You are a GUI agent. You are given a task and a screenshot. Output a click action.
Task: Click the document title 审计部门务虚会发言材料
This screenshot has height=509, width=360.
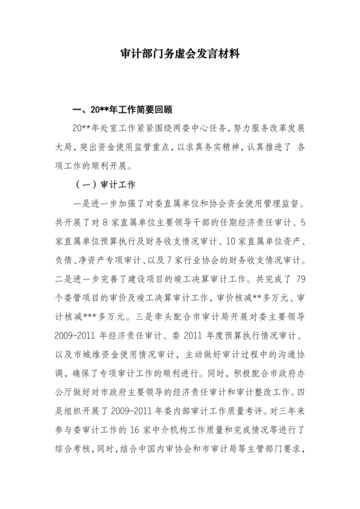tap(180, 55)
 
